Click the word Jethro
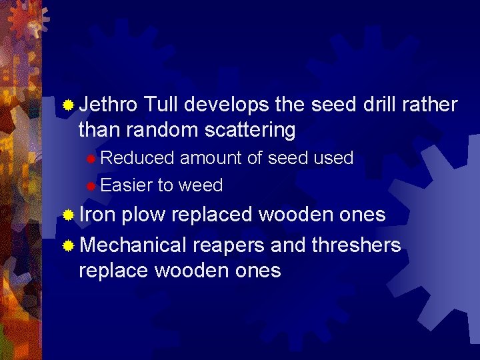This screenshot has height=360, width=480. click(108, 105)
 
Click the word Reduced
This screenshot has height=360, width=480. click(137, 159)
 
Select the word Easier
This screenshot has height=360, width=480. click(127, 185)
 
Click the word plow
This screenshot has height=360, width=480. click(144, 215)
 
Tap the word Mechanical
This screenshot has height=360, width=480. click(133, 245)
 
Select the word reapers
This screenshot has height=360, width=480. click(229, 246)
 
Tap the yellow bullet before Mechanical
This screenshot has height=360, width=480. click(68, 246)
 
